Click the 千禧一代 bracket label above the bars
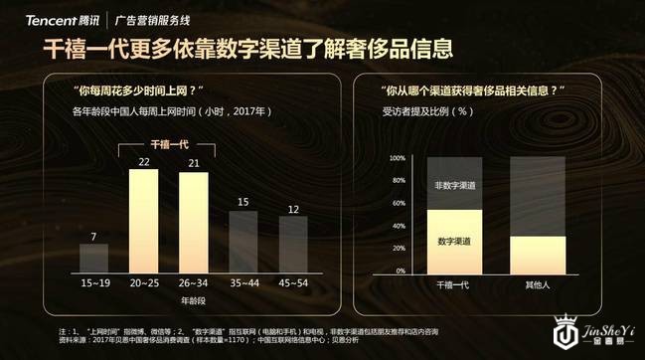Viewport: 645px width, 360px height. point(169,144)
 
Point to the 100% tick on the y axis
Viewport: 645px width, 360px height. point(396,158)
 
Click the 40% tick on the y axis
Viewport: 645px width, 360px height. point(396,229)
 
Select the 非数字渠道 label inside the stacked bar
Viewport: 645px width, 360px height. point(453,184)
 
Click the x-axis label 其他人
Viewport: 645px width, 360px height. point(538,284)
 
